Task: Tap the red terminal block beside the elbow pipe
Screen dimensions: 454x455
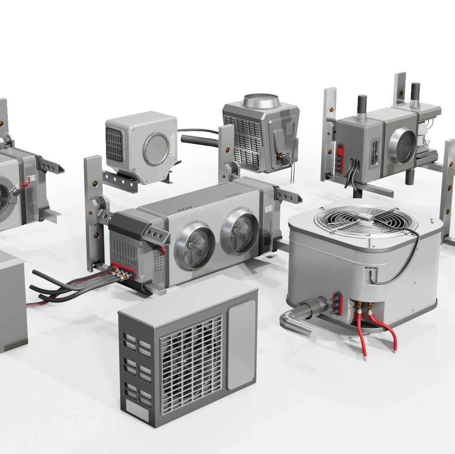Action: (x=337, y=302)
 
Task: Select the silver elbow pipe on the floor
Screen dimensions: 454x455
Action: (x=300, y=318)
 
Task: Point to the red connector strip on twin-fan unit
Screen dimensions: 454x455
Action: (x=124, y=269)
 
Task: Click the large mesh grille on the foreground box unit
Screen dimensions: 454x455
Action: (x=192, y=364)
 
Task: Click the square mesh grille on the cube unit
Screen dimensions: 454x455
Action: (x=114, y=144)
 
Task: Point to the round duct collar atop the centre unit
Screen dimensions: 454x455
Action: (x=261, y=100)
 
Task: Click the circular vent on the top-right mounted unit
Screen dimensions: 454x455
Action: (x=402, y=145)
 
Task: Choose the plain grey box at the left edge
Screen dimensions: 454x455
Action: (x=12, y=301)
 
